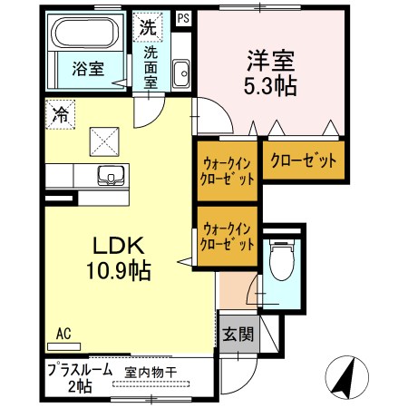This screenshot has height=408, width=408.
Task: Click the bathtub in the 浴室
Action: pyautogui.click(x=85, y=36)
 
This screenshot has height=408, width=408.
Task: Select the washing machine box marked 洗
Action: pyautogui.click(x=147, y=27)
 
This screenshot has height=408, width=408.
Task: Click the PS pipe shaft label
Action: pyautogui.click(x=184, y=17)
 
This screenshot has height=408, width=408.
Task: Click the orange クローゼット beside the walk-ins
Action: pyautogui.click(x=303, y=160)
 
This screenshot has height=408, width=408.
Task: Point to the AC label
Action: pyautogui.click(x=64, y=333)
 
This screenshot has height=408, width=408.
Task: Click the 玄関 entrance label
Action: pyautogui.click(x=238, y=333)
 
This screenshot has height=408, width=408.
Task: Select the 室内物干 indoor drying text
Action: pyautogui.click(x=150, y=372)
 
